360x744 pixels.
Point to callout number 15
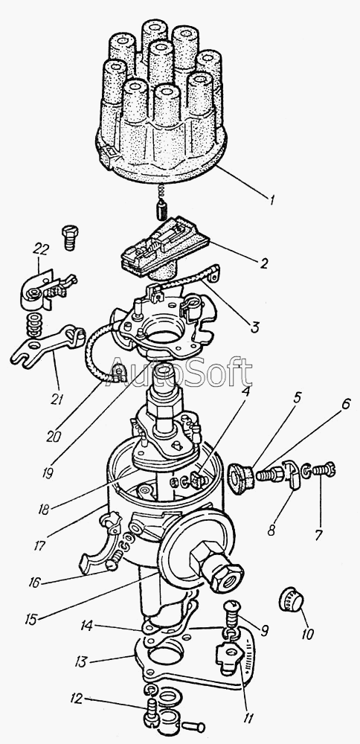pyautogui.click(x=30, y=619)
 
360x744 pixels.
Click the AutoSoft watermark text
pyautogui.click(x=180, y=372)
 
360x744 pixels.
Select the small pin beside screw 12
pyautogui.click(x=194, y=726)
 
